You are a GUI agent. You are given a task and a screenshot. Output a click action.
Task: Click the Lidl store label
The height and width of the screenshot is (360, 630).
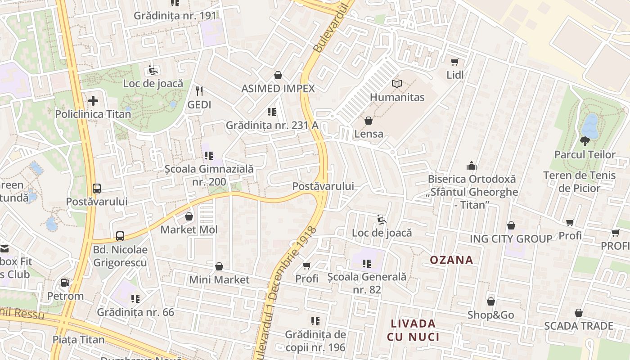(x=455, y=75)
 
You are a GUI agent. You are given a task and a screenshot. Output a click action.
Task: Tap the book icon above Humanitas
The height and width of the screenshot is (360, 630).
(x=396, y=84)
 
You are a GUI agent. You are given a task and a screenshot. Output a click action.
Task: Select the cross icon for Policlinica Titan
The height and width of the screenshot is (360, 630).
(x=93, y=101)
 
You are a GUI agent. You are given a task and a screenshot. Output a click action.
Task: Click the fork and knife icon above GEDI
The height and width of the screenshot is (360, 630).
(x=199, y=91)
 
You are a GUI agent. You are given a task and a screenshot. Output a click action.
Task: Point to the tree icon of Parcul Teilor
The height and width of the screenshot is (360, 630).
(x=585, y=141)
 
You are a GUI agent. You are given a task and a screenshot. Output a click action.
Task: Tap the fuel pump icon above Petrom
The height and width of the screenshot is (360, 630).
(x=65, y=283)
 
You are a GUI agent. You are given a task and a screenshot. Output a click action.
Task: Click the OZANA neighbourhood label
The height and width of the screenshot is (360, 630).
(x=451, y=260)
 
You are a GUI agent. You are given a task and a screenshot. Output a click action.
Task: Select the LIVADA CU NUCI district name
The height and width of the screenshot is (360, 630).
(x=413, y=330)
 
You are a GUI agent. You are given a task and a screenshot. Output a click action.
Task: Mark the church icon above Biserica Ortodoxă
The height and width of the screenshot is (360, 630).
(x=471, y=166)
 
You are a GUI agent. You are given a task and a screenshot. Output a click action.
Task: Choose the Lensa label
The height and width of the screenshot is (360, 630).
(x=369, y=134)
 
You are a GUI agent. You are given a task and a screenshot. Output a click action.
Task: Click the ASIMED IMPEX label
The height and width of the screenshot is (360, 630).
(x=278, y=88)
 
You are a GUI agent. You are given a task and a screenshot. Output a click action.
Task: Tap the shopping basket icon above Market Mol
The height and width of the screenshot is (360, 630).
(x=189, y=216)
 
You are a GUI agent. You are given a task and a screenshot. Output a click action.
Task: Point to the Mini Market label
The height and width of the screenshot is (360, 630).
(x=219, y=279)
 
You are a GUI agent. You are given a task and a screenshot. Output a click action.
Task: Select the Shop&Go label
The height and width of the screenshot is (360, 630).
(x=490, y=315)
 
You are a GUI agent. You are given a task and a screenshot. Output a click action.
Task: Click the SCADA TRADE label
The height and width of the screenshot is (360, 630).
(x=578, y=325)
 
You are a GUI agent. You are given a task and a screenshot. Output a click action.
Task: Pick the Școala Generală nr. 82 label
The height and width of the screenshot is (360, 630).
(x=367, y=283)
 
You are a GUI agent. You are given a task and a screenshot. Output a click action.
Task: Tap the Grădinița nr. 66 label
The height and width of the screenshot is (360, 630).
(x=135, y=312)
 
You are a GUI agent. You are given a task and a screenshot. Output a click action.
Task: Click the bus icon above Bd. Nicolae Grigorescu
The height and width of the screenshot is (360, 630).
(x=120, y=236)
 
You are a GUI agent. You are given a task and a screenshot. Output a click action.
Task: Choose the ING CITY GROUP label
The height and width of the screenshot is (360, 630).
(x=511, y=238)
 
